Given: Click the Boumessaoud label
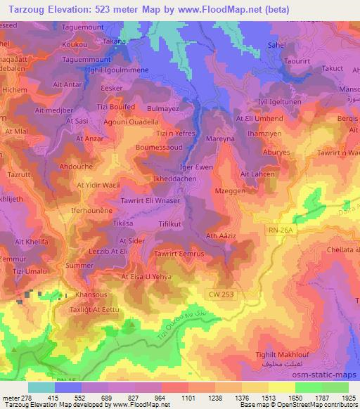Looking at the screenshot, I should (x=160, y=148).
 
